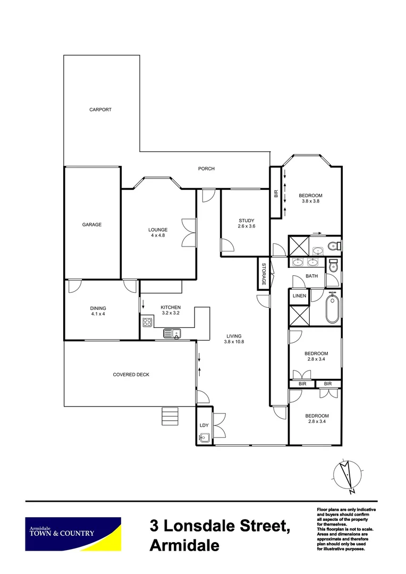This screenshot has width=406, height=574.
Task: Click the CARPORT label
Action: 100,109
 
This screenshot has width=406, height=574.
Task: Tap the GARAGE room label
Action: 91,224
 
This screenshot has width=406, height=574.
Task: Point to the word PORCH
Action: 206,169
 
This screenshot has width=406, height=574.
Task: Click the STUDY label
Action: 246,221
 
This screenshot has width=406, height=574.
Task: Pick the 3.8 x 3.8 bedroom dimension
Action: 312,201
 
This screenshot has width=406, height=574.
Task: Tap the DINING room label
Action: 98,308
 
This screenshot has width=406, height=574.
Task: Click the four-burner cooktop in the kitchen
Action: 147,322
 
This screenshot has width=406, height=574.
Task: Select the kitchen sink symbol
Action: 173,334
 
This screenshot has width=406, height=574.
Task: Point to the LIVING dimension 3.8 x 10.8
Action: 234,342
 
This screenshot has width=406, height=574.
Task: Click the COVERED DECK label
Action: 131,375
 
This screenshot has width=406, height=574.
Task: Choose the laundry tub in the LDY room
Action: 204,438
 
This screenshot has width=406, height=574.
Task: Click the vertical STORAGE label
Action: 263,274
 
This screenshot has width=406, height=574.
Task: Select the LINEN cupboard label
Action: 299,296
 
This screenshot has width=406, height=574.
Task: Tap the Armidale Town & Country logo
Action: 73,534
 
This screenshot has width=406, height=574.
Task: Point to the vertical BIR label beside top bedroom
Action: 276,193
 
